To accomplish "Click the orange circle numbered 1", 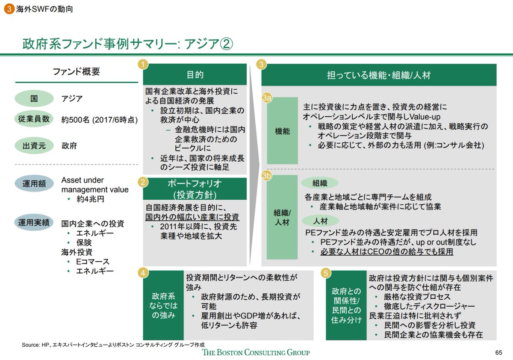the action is pos(143,65).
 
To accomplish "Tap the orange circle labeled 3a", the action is pos(267,99).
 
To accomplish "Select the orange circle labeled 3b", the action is pos(267,176).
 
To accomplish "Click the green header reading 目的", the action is pos(195,75).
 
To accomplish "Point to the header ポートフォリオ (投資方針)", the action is pos(195,189).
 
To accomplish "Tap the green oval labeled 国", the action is pos(34,99).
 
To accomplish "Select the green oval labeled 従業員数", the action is pos(34,120).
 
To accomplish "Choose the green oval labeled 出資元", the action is pos(34,146).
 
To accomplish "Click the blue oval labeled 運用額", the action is pos(34,184).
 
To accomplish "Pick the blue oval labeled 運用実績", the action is pos(34,223).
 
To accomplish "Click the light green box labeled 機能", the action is pos(282,131).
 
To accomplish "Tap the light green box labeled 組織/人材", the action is pos(282,217).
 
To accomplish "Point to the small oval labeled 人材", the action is pos(320,221).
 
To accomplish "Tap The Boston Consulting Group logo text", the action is pos(256,352).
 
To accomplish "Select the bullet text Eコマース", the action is pos(92,261).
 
